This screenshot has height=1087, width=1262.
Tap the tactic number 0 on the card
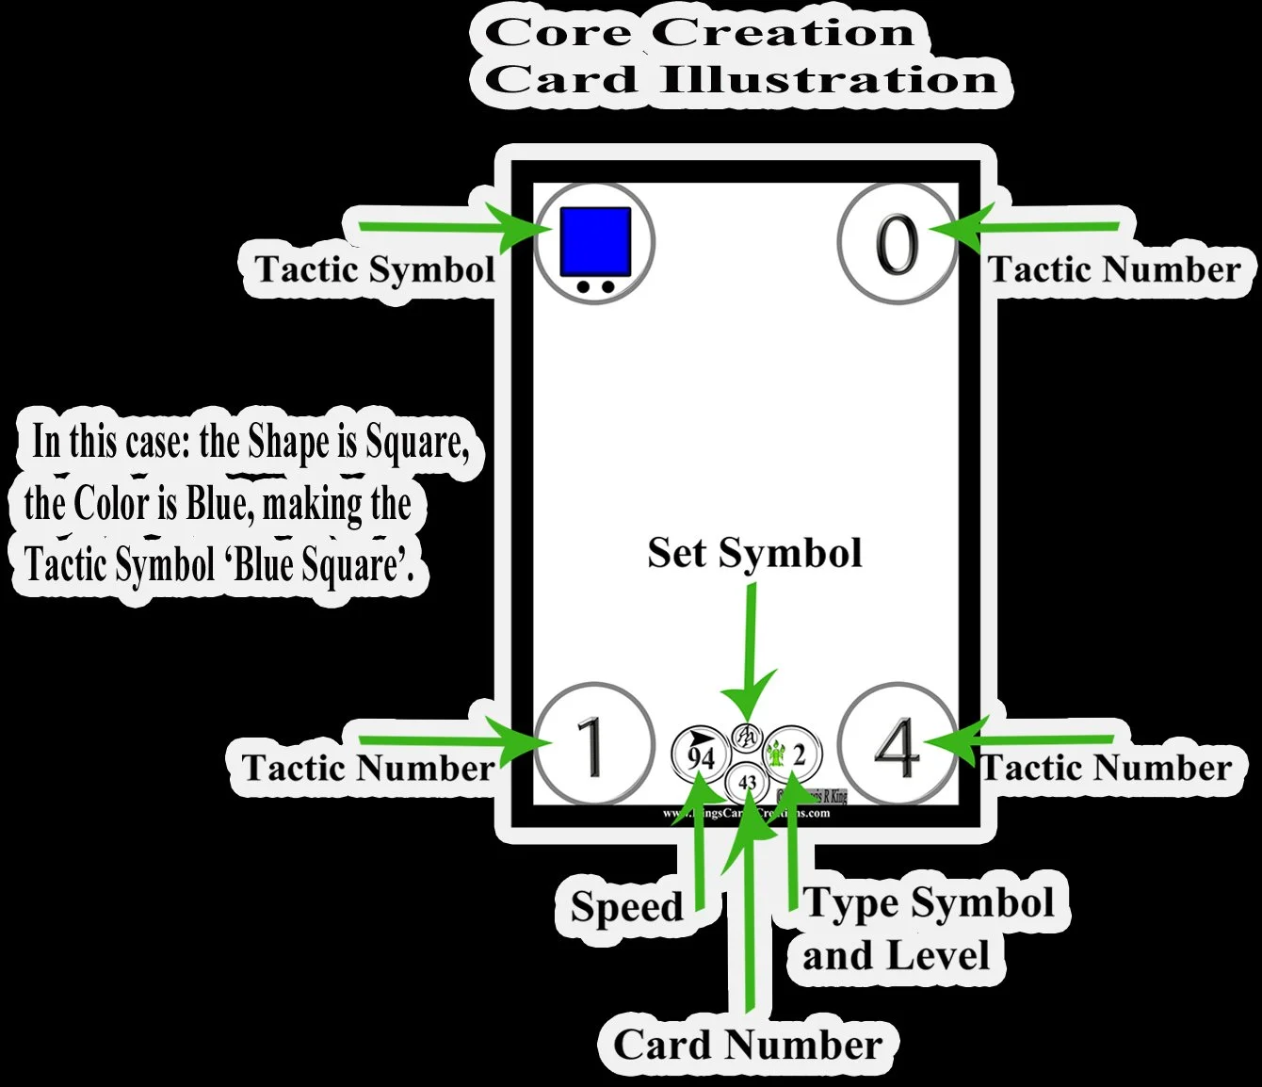click(897, 244)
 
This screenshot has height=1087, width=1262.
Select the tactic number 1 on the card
click(591, 747)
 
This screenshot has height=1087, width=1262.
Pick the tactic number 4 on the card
click(896, 747)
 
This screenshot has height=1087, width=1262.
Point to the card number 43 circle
click(748, 782)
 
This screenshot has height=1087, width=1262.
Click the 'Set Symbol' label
click(754, 553)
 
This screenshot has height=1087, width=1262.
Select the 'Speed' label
click(626, 906)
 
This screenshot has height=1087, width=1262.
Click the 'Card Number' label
click(748, 1044)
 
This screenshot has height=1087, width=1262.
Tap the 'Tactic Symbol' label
click(375, 269)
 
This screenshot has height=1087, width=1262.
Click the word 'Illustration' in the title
click(829, 79)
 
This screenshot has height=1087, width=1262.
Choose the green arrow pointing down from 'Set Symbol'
click(751, 659)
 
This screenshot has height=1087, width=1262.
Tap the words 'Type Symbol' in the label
click(930, 902)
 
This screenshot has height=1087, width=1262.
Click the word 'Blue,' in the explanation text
click(220, 503)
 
